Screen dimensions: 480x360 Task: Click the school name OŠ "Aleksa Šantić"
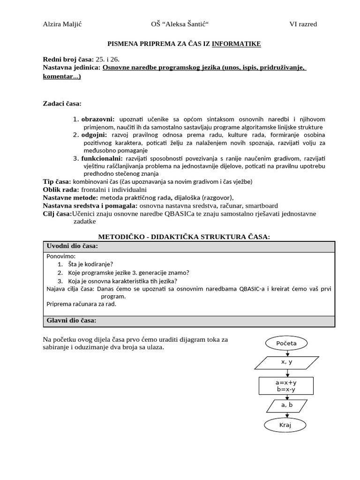tap(179, 24)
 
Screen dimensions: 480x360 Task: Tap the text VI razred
tap(303, 24)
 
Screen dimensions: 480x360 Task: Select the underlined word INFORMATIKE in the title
tap(236, 44)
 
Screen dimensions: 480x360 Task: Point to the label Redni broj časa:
tap(68, 60)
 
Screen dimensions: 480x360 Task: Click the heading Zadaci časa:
tap(62, 103)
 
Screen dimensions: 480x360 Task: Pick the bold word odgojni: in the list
tap(95, 135)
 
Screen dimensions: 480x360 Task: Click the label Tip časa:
tap(57, 182)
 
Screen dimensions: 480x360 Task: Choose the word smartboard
tap(258, 206)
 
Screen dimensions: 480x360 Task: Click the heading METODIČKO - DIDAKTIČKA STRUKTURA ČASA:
tap(183, 237)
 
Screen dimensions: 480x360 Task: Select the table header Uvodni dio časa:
tap(72, 247)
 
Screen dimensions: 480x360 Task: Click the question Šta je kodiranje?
tap(90, 264)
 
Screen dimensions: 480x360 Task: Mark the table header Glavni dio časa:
tap(71, 320)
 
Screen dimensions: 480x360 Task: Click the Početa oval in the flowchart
tap(286, 344)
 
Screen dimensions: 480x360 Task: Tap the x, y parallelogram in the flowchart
tap(286, 362)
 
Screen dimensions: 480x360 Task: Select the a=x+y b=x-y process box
tap(286, 386)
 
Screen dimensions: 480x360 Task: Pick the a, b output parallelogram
tap(286, 405)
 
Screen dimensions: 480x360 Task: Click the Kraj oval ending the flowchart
tap(285, 425)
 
